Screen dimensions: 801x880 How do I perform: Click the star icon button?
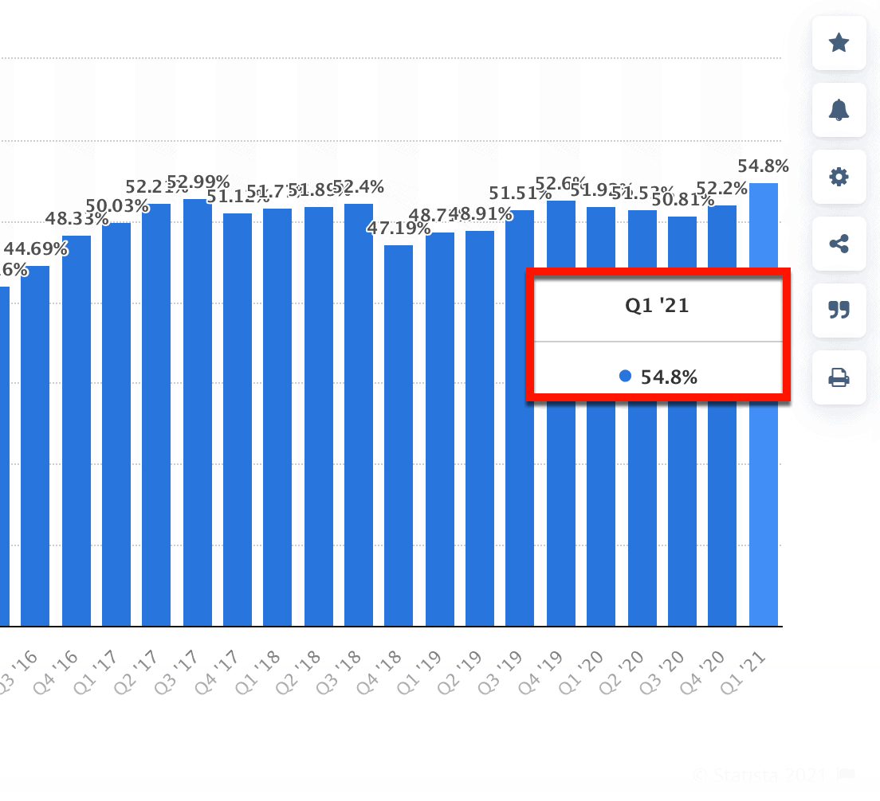coord(839,43)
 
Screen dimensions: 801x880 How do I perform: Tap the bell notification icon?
coord(839,110)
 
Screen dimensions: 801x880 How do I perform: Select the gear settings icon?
coord(839,177)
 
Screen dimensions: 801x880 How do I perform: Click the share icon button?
coord(839,244)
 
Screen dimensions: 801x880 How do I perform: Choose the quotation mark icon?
coord(839,310)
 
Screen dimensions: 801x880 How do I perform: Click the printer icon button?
coord(839,377)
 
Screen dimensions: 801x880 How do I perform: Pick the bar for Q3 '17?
coord(198,414)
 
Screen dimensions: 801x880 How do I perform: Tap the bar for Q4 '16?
coord(77,430)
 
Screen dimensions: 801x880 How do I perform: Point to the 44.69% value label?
coord(35,249)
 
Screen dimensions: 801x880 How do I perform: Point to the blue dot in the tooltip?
coord(625,376)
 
